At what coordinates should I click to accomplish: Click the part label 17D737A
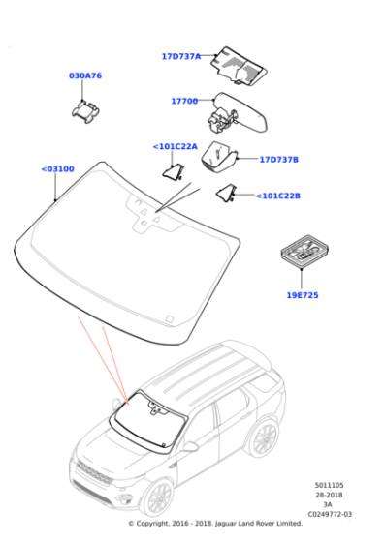(x=181, y=56)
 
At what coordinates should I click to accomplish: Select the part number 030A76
(x=85, y=75)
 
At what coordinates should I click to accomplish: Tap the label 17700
(x=184, y=101)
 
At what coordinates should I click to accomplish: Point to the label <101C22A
(x=176, y=146)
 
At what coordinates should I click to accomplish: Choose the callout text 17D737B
(x=279, y=160)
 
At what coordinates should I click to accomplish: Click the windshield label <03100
(x=57, y=169)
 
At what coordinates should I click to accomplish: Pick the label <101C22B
(x=278, y=196)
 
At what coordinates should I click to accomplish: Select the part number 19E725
(x=303, y=295)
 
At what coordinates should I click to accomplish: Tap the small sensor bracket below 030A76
(x=85, y=111)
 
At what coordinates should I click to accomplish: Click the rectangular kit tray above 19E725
(x=304, y=252)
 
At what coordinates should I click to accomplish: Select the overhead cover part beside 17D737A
(x=239, y=66)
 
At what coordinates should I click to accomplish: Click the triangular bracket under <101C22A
(x=174, y=172)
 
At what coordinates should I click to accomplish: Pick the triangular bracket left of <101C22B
(x=227, y=193)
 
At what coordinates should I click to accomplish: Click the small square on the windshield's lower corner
(x=169, y=319)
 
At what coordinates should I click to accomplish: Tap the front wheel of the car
(x=160, y=498)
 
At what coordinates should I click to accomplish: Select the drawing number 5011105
(x=329, y=485)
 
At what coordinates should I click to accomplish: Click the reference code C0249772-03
(x=330, y=514)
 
